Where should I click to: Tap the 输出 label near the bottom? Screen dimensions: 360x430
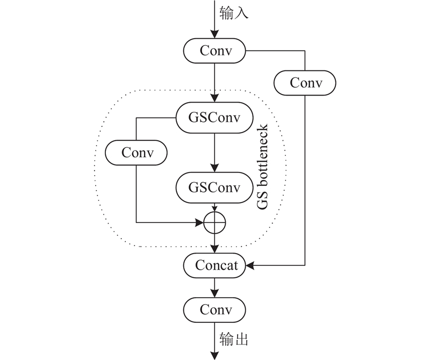pyautogui.click(x=234, y=339)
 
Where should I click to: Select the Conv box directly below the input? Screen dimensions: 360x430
pyautogui.click(x=214, y=51)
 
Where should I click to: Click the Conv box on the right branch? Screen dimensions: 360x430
pyautogui.click(x=305, y=83)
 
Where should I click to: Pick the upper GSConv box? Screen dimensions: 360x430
pyautogui.click(x=214, y=117)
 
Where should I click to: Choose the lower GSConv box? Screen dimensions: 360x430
pyautogui.click(x=214, y=188)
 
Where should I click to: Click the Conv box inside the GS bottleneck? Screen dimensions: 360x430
pyautogui.click(x=137, y=153)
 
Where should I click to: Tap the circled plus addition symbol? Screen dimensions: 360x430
pyautogui.click(x=214, y=221)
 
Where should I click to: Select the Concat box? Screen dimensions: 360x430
pyautogui.click(x=214, y=265)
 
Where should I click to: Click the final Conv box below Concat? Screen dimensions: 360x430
pyautogui.click(x=214, y=310)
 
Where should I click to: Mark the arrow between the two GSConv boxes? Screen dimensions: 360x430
pyautogui.click(x=214, y=153)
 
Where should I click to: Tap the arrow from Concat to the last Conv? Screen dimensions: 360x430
pyautogui.click(x=214, y=287)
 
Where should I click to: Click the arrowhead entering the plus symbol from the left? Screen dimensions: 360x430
pyautogui.click(x=200, y=221)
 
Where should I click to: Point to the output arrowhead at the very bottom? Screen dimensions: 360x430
pyautogui.click(x=214, y=355)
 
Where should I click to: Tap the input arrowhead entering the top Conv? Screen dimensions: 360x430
pyautogui.click(x=214, y=35)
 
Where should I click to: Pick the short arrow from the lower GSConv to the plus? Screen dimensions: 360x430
pyautogui.click(x=214, y=207)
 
